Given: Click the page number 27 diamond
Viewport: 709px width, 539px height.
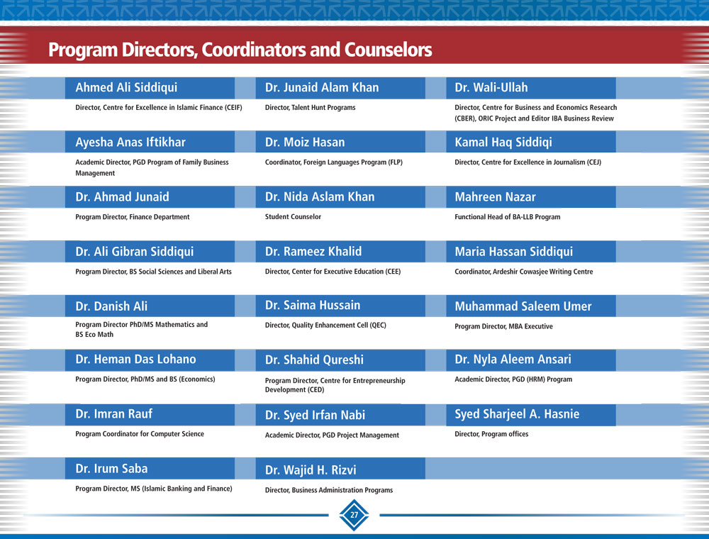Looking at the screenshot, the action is coord(354,515).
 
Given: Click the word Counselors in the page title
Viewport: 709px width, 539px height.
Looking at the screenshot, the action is coord(388,50).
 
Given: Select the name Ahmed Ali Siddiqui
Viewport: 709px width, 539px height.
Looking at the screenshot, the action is coord(126,88).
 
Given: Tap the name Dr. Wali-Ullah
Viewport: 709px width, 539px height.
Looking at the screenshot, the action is coord(491,87).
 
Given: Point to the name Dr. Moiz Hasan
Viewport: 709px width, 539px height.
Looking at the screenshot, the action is coord(305,142).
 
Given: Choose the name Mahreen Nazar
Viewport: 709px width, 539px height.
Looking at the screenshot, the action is coord(495,196).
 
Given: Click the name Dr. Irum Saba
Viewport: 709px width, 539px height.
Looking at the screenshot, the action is coord(111,469).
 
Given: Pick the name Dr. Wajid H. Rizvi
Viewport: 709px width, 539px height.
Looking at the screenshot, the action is coord(311,470).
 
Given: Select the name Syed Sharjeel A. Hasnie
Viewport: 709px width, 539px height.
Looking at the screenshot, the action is coord(517,414).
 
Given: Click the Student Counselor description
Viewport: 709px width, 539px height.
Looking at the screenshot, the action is coord(293,216).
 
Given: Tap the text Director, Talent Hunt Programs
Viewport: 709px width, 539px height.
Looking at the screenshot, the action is coord(311,108).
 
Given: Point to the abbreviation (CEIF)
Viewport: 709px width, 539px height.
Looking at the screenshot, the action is coord(233,108).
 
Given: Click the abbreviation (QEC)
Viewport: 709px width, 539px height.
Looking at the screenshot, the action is coord(378,325).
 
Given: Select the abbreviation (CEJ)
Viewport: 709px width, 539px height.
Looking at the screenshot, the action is coord(594,162).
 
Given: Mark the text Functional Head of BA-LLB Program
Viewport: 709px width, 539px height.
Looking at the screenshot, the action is coord(508,217).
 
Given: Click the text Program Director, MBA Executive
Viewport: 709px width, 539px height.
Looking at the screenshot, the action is coord(503,326).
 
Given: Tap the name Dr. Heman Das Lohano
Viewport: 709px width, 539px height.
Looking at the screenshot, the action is coord(135,359).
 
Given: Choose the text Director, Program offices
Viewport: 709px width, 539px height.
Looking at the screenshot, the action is coord(491,434).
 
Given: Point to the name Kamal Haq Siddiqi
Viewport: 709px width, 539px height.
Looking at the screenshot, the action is coord(503,143).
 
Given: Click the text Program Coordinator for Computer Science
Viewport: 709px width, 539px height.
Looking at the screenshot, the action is coord(140,434).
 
